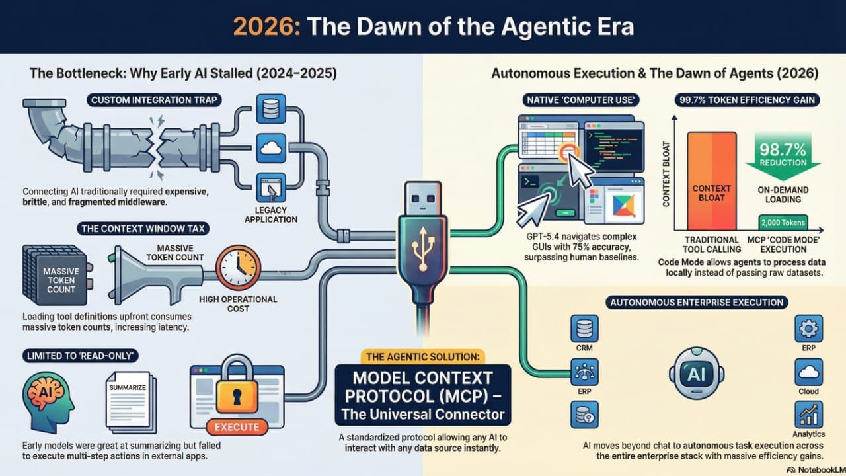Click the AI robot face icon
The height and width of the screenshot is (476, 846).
[697, 374]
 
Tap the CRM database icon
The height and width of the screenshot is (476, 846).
[584, 328]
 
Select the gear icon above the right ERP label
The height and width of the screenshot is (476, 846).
[809, 328]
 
